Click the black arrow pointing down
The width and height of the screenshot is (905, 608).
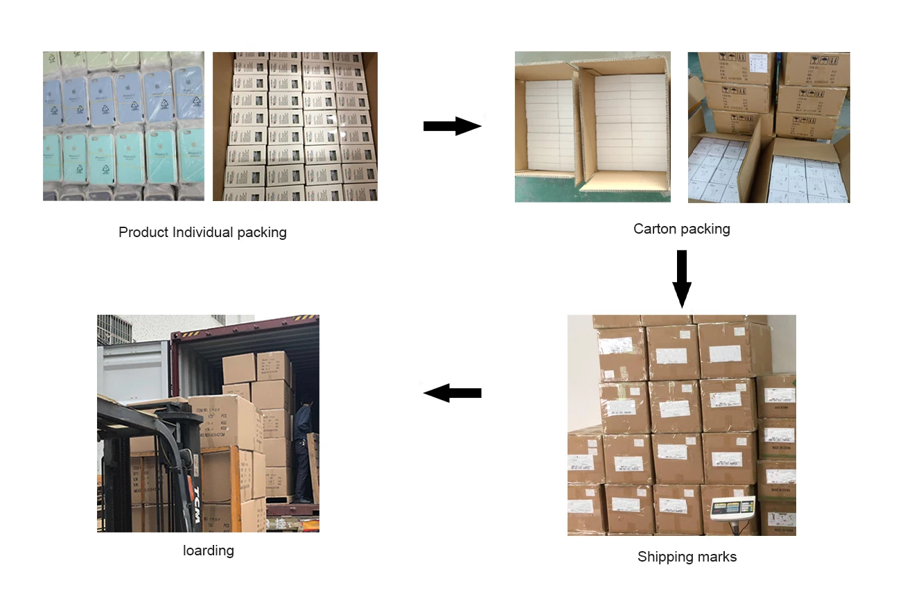682,278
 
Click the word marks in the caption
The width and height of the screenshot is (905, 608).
718,557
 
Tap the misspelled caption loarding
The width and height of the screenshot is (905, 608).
209,550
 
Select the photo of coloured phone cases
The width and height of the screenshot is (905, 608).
123,126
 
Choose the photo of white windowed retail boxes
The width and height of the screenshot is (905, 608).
295,126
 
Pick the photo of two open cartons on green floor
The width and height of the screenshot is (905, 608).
592,127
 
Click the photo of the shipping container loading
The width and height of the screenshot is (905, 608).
208,423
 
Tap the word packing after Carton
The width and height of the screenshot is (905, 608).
707,229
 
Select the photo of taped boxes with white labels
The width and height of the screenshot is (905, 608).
681,425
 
